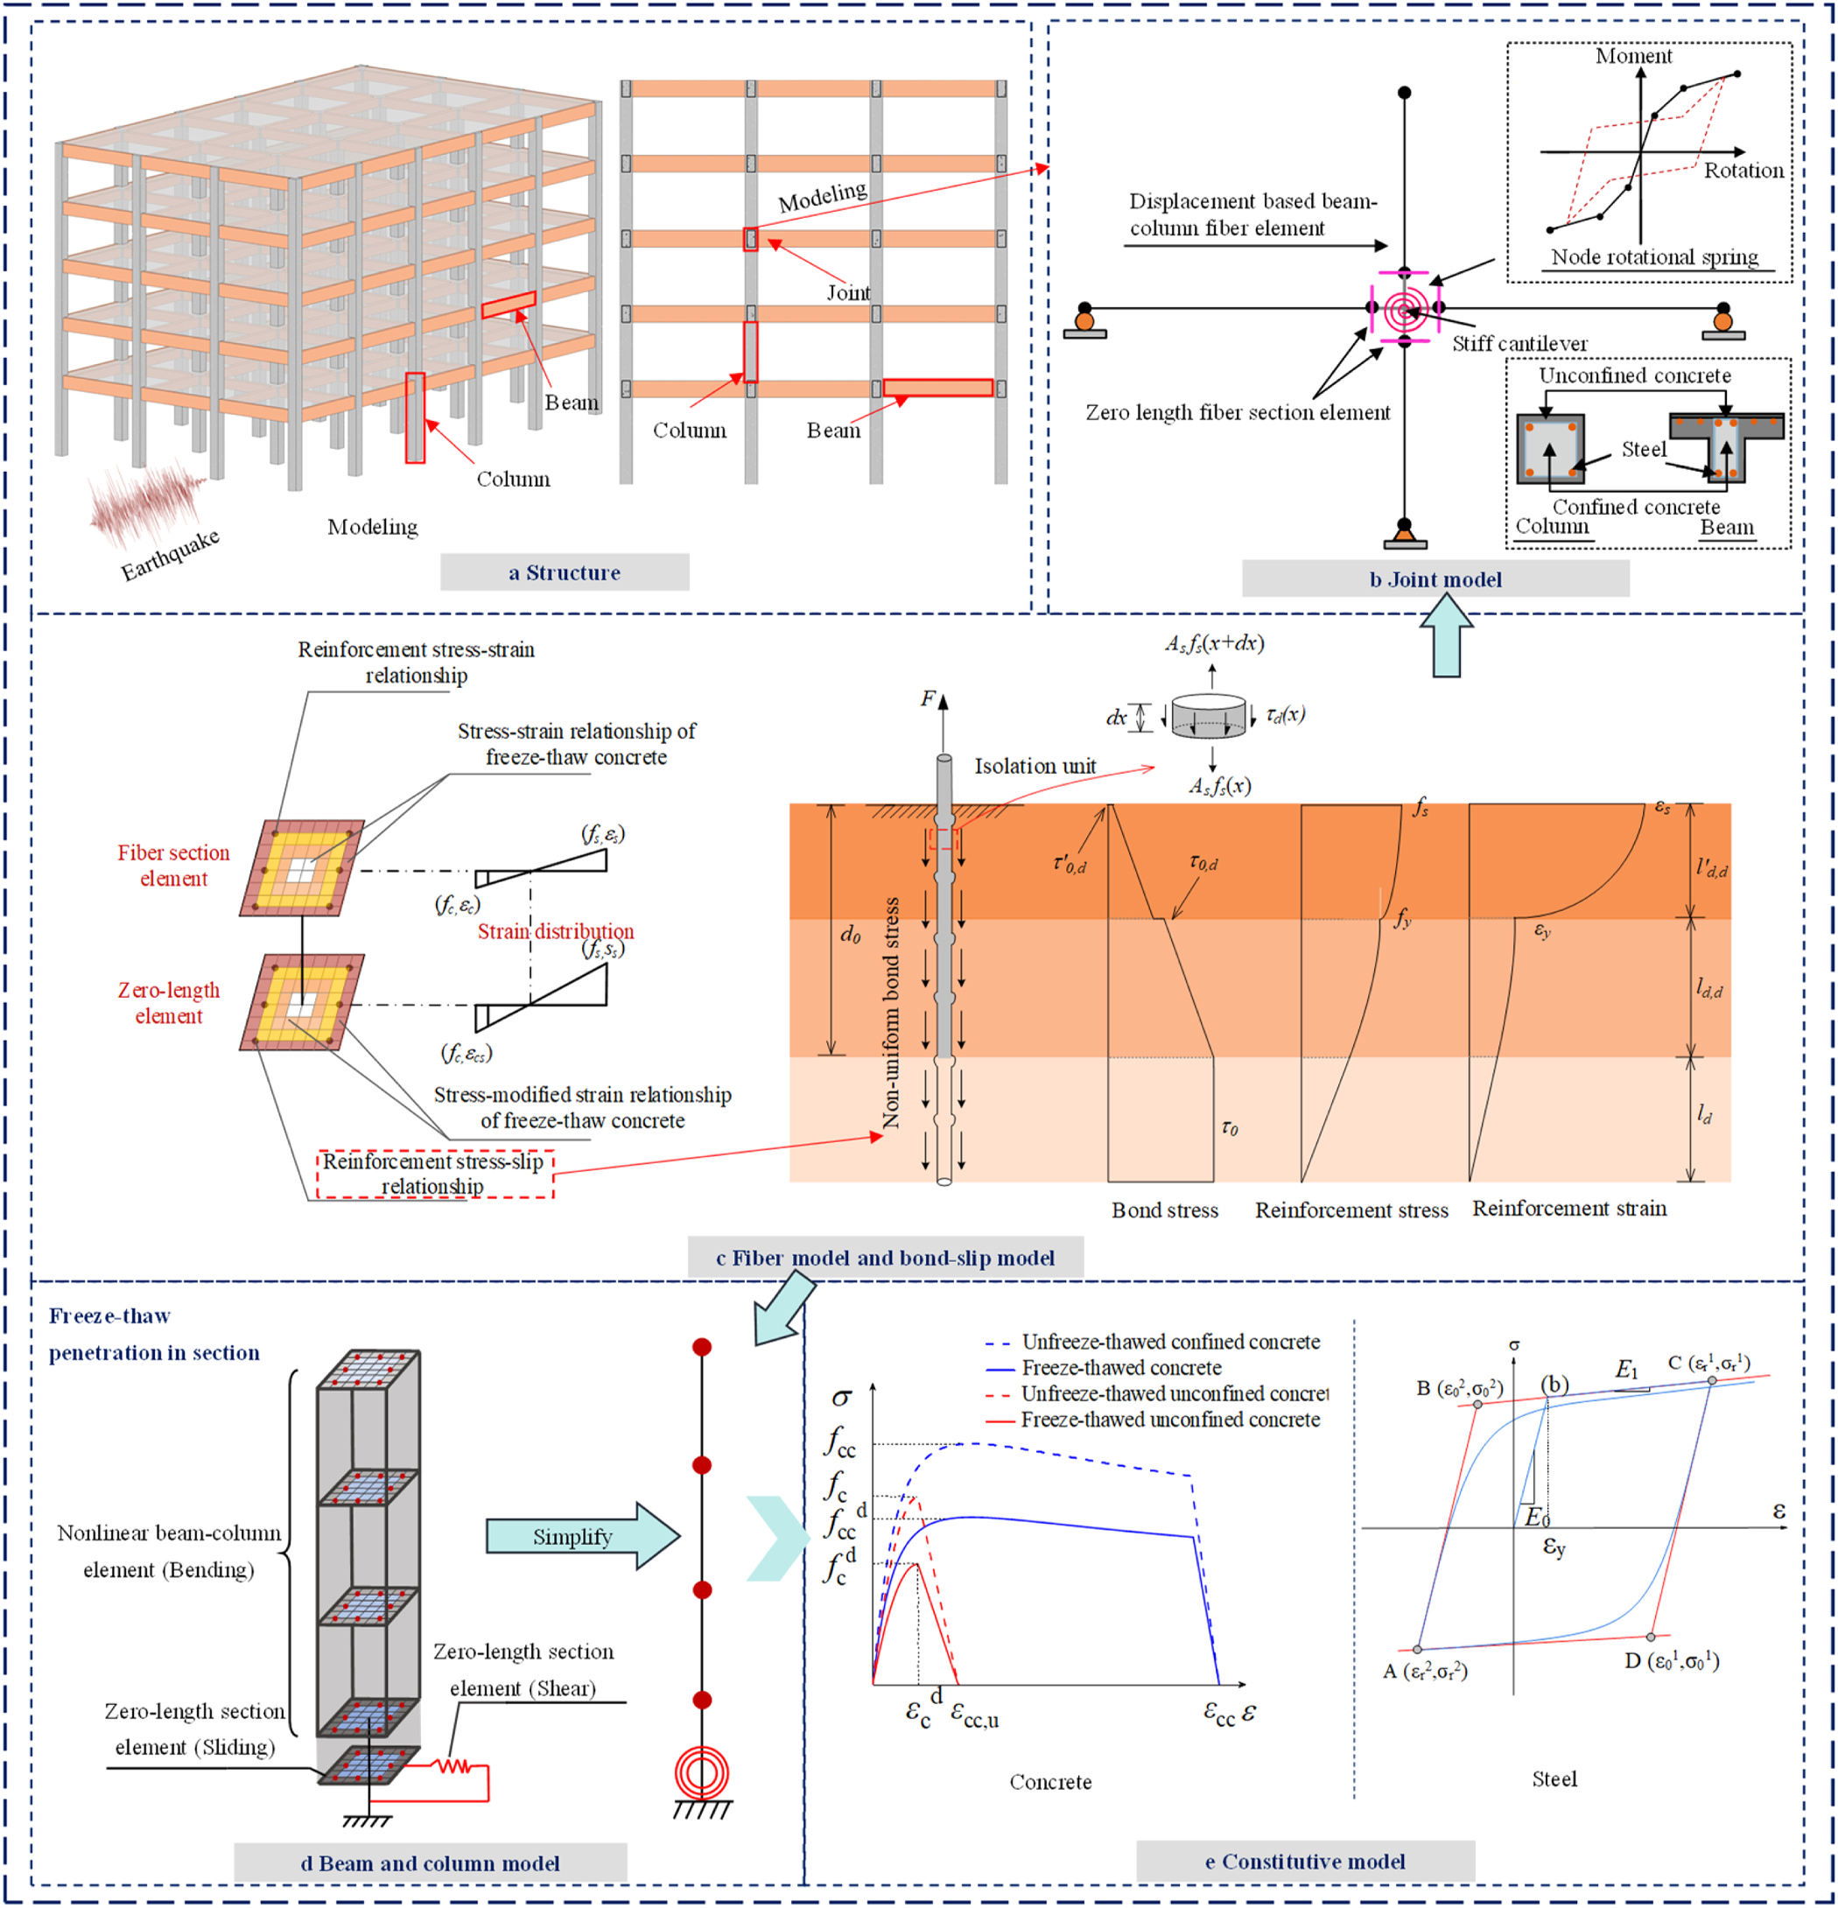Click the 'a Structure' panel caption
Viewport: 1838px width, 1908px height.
[564, 572]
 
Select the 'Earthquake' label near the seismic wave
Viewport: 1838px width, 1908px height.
[170, 555]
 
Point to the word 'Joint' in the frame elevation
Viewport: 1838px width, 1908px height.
[848, 292]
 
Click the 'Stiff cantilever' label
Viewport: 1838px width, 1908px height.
[1519, 344]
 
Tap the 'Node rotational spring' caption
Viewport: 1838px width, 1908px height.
[1654, 257]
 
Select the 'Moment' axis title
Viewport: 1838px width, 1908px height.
[1632, 57]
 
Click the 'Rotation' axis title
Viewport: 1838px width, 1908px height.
[1743, 171]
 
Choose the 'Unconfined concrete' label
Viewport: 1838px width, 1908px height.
[1635, 375]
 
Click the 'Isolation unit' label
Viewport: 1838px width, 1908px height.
[1035, 766]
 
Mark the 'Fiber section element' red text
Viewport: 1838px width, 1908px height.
[173, 866]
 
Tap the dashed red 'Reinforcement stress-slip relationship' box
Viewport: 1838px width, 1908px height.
[434, 1173]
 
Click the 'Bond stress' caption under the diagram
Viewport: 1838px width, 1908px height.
[1164, 1210]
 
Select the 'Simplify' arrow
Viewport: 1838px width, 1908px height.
[581, 1536]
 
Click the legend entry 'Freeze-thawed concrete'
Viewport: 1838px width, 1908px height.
[1120, 1368]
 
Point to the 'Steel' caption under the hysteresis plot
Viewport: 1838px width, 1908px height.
[1554, 1779]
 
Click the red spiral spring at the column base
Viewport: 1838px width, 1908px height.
[701, 1772]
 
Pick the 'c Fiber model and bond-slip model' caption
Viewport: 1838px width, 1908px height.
[884, 1258]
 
